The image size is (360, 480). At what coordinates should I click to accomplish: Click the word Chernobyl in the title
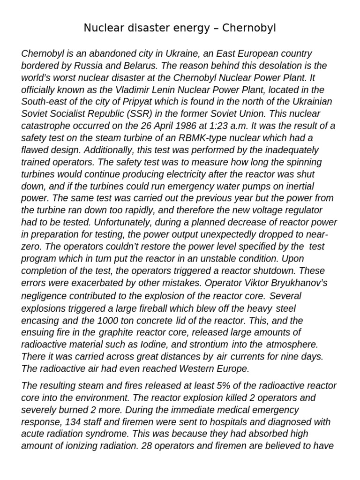[x=250, y=29]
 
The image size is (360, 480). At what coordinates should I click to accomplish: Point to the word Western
[x=187, y=369]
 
